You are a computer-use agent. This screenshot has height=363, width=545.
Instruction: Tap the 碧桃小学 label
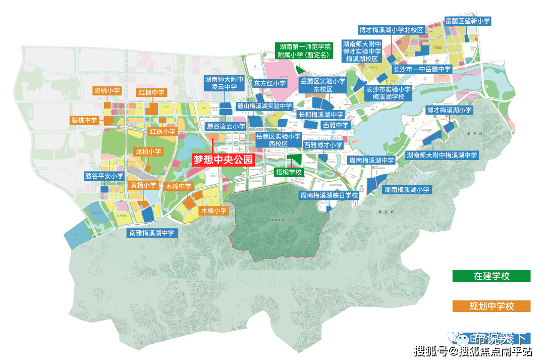[x=107, y=91]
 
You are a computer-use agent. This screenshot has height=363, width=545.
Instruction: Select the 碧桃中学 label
[x=84, y=121]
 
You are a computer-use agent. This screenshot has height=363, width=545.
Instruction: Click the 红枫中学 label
[x=151, y=93]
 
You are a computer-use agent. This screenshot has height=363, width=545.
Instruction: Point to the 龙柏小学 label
[x=148, y=151]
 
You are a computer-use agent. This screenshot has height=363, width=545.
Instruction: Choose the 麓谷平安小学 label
[x=104, y=176]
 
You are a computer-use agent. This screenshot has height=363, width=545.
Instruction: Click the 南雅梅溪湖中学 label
[x=152, y=233]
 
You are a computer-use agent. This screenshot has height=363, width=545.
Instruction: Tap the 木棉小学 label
[x=214, y=211]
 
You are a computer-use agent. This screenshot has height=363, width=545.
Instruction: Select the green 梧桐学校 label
[x=289, y=172]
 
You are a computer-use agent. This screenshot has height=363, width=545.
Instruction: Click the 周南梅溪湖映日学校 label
[x=329, y=195]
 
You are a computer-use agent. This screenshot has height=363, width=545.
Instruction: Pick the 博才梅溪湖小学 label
[x=449, y=110]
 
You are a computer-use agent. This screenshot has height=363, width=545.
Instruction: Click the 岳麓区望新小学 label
[x=468, y=21]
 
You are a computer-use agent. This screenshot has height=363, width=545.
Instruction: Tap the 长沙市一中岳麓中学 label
[x=422, y=69]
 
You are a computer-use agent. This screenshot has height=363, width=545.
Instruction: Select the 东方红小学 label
[x=269, y=83]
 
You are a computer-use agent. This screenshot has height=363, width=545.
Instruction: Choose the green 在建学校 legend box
[x=492, y=276]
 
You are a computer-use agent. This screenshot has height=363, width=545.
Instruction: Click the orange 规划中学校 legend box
[x=492, y=306]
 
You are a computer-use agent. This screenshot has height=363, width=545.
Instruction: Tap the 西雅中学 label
[x=336, y=125]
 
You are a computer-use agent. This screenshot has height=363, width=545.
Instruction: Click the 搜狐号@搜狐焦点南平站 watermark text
[x=472, y=350]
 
